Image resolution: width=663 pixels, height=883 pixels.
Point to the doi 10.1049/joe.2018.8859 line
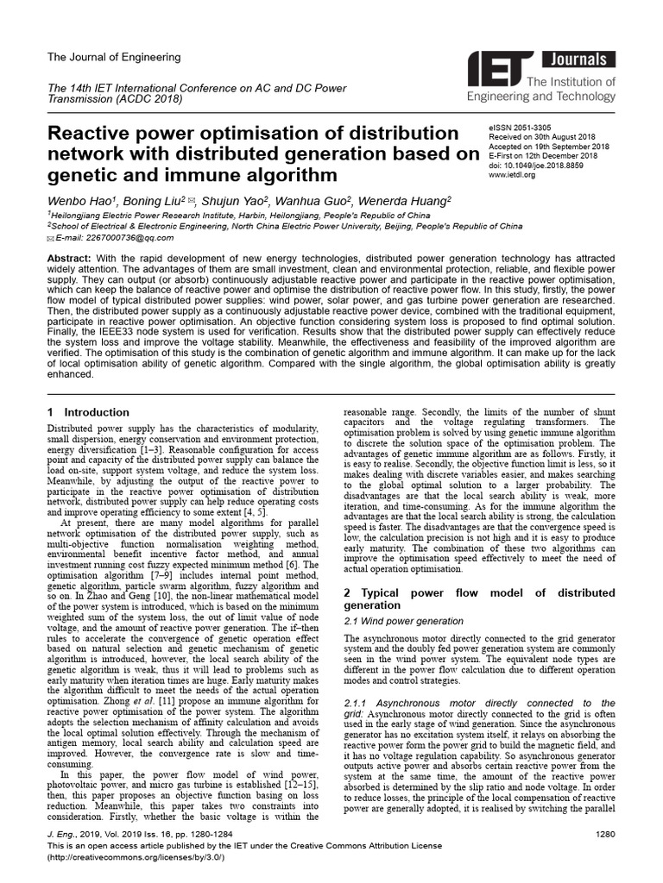[x=537, y=166]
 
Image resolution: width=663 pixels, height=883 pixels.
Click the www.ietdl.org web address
[x=512, y=175]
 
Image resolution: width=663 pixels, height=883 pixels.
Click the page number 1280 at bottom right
[x=605, y=836]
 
